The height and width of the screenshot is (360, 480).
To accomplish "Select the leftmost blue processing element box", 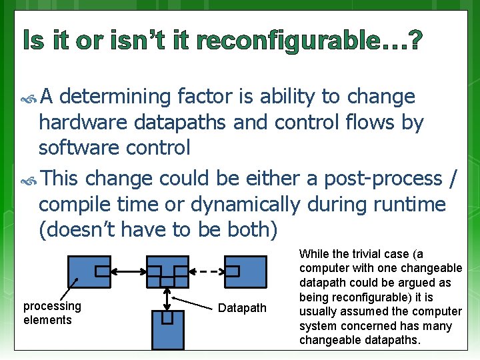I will (x=89, y=271).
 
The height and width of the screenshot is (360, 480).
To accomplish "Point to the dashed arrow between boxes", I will (x=207, y=271).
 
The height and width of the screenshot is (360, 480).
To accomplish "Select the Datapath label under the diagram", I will (x=242, y=308).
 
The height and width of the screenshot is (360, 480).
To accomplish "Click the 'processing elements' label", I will (x=52, y=313).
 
